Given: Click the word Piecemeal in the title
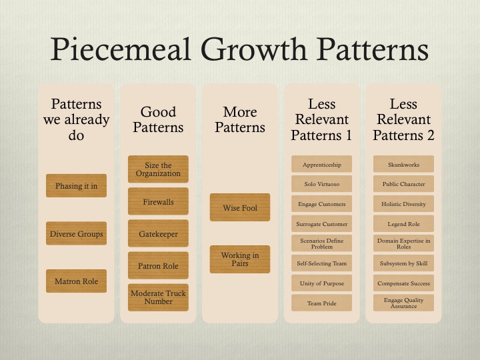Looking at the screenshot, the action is click(121, 49).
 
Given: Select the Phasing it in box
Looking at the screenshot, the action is click(76, 185).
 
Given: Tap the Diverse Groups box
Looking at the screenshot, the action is click(76, 233).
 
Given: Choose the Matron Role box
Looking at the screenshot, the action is click(76, 281).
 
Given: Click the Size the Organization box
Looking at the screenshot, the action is click(158, 169).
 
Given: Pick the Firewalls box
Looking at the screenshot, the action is click(158, 201).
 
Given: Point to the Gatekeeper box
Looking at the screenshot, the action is click(158, 233).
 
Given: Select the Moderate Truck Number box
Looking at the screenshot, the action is click(158, 297).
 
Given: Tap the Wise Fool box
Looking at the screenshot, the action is click(240, 207).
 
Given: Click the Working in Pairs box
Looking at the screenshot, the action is click(240, 259).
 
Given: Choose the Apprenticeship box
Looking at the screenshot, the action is click(322, 164).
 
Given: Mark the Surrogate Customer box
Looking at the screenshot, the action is click(322, 223).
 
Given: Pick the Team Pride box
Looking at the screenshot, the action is click(322, 303).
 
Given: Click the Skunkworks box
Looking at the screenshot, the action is click(403, 164).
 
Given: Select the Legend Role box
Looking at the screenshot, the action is click(403, 223).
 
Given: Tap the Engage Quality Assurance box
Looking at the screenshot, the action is click(403, 303).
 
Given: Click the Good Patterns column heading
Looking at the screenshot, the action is click(158, 120).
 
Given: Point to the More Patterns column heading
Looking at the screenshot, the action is click(240, 120).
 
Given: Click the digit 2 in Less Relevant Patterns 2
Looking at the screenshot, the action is click(431, 135).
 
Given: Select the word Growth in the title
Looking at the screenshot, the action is click(254, 49).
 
